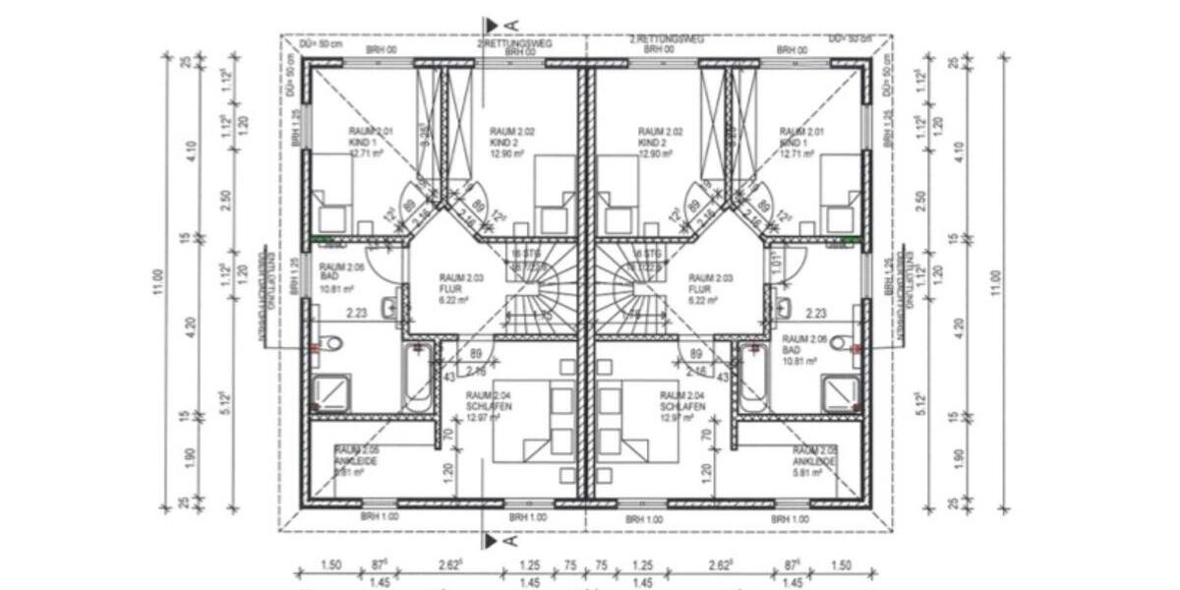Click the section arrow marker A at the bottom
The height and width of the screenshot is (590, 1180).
tap(498, 540)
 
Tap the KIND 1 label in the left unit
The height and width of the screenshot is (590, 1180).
tap(363, 142)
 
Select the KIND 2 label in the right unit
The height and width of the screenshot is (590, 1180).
tap(652, 142)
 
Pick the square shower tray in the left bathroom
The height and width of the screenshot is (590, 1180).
tap(330, 392)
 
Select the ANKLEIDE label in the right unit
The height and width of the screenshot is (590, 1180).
tap(815, 460)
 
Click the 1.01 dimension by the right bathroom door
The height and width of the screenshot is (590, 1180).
tap(778, 263)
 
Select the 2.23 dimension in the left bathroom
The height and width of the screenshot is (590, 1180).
tap(357, 313)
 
